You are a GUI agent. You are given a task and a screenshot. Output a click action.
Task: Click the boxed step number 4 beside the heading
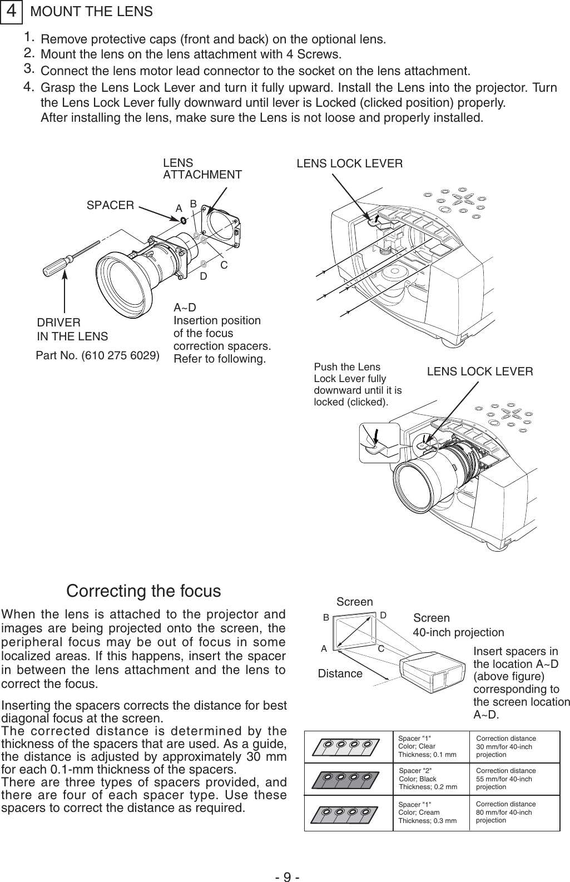(x=11, y=12)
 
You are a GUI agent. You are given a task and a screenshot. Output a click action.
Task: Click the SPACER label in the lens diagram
(x=111, y=205)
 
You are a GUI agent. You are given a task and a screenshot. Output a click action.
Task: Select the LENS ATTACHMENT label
(x=202, y=169)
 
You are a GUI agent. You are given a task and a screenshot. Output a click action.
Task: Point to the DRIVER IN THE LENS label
(x=72, y=330)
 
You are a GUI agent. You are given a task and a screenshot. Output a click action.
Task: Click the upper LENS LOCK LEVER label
(x=350, y=163)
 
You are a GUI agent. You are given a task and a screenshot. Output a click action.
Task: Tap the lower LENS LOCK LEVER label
(x=479, y=371)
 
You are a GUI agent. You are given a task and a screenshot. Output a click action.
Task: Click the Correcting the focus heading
(x=143, y=591)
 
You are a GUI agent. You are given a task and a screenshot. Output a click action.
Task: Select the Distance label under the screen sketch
(x=340, y=674)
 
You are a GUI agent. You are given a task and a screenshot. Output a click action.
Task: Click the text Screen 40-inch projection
(x=458, y=626)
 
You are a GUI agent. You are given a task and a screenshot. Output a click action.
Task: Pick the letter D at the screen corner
(x=384, y=615)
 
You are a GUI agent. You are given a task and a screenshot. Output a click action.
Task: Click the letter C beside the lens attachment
(x=224, y=265)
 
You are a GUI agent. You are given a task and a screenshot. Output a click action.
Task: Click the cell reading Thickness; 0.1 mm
(x=427, y=755)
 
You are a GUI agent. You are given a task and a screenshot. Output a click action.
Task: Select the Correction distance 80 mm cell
(x=505, y=812)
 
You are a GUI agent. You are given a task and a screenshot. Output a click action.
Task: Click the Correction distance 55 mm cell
(x=505, y=779)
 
